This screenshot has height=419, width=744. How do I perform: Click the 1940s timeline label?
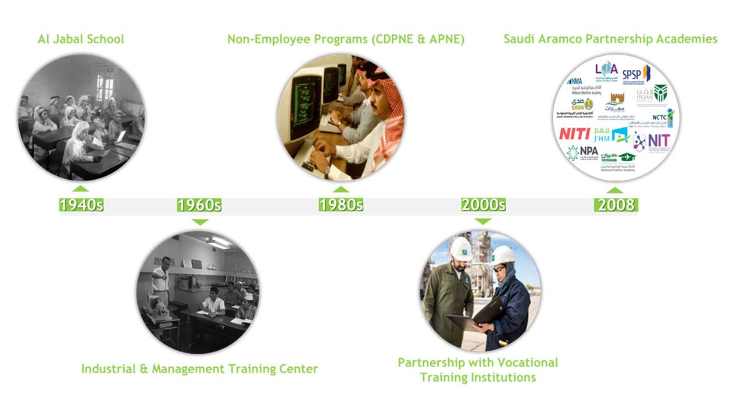(x=81, y=205)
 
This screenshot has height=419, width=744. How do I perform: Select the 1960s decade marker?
(x=199, y=205)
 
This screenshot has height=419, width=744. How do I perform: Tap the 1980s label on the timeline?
(x=341, y=205)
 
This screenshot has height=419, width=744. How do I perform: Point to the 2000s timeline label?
(x=483, y=205)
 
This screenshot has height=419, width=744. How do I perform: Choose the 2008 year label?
(x=616, y=205)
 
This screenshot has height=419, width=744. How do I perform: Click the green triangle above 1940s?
(x=81, y=188)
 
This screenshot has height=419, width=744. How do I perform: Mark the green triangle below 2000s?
(x=483, y=221)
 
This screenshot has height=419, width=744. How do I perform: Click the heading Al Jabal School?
(x=81, y=40)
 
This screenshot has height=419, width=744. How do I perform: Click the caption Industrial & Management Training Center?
(x=199, y=369)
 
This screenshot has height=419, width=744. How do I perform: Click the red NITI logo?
(x=574, y=134)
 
